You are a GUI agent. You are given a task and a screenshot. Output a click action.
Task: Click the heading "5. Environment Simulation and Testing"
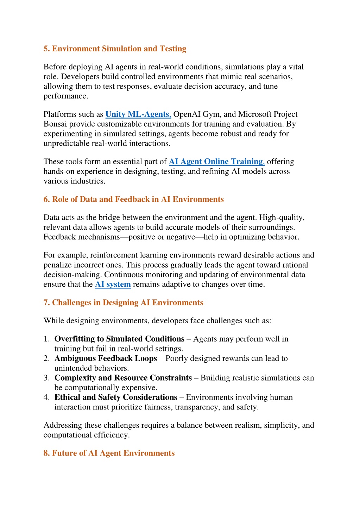pos(115,49)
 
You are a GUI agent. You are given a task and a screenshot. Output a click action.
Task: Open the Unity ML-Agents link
pos(138,114)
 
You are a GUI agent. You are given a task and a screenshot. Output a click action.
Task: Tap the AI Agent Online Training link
pos(216,162)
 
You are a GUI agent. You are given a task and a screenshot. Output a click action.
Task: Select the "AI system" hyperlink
pos(113,284)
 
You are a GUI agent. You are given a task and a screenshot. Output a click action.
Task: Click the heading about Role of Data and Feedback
pos(133,199)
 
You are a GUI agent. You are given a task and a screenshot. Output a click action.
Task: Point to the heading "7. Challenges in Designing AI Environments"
pos(123,303)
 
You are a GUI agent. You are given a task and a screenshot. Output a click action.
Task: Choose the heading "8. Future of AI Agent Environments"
pos(109,453)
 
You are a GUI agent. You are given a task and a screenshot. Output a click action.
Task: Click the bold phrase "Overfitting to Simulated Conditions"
pos(119,339)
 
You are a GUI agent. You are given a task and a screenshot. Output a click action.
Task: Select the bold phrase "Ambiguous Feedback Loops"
pos(106,358)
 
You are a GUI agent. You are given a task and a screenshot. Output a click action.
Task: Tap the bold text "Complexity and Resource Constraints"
pos(123,378)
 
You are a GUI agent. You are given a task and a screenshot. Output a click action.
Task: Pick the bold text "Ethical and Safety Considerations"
pos(116,397)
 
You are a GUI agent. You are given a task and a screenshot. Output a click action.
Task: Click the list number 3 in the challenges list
pos(46,378)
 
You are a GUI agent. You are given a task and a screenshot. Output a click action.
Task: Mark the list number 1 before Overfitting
pos(46,339)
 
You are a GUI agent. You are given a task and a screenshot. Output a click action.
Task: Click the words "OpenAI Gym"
pos(196,114)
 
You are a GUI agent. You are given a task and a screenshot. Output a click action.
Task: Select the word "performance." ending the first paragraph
pos(66,96)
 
